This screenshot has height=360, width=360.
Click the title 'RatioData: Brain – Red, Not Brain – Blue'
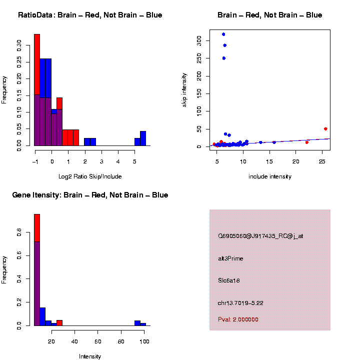click(90, 15)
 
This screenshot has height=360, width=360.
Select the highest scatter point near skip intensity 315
click(223, 34)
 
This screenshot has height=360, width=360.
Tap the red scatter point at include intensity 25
click(325, 129)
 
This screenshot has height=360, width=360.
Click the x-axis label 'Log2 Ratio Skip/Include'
click(90, 176)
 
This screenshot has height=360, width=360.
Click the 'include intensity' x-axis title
click(270, 176)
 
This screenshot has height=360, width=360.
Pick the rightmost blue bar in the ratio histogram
click(143, 138)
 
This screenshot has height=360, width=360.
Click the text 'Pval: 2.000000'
click(238, 319)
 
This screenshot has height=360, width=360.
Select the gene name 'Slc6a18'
click(229, 281)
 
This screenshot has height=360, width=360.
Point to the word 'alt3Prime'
click(230, 258)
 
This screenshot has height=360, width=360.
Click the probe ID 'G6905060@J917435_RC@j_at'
click(260, 236)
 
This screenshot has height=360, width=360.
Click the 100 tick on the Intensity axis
click(144, 341)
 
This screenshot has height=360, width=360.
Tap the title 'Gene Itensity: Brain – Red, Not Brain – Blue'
click(90, 195)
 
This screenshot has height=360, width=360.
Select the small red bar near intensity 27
click(59, 323)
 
